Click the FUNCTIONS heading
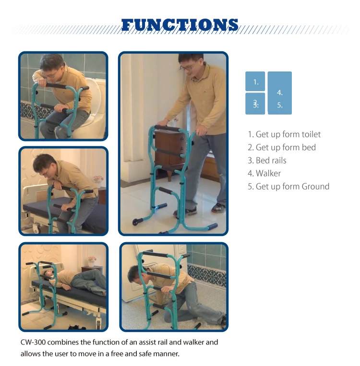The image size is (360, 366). pyautogui.click(x=180, y=25)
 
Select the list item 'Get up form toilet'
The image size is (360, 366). pyautogui.click(x=284, y=134)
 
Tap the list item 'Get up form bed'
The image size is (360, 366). pyautogui.click(x=282, y=147)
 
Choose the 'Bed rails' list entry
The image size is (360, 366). pyautogui.click(x=267, y=160)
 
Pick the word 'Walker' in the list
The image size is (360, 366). pyautogui.click(x=268, y=174)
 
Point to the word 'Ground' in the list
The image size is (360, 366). pyautogui.click(x=315, y=187)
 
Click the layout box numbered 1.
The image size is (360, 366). pyautogui.click(x=255, y=81)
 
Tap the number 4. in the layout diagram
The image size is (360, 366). pyautogui.click(x=280, y=93)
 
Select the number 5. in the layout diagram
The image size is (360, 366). pyautogui.click(x=280, y=105)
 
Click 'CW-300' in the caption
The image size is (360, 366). pyautogui.click(x=33, y=342)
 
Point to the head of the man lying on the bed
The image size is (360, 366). pyautogui.click(x=48, y=273)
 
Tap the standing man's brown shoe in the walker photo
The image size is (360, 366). pyautogui.click(x=218, y=208)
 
